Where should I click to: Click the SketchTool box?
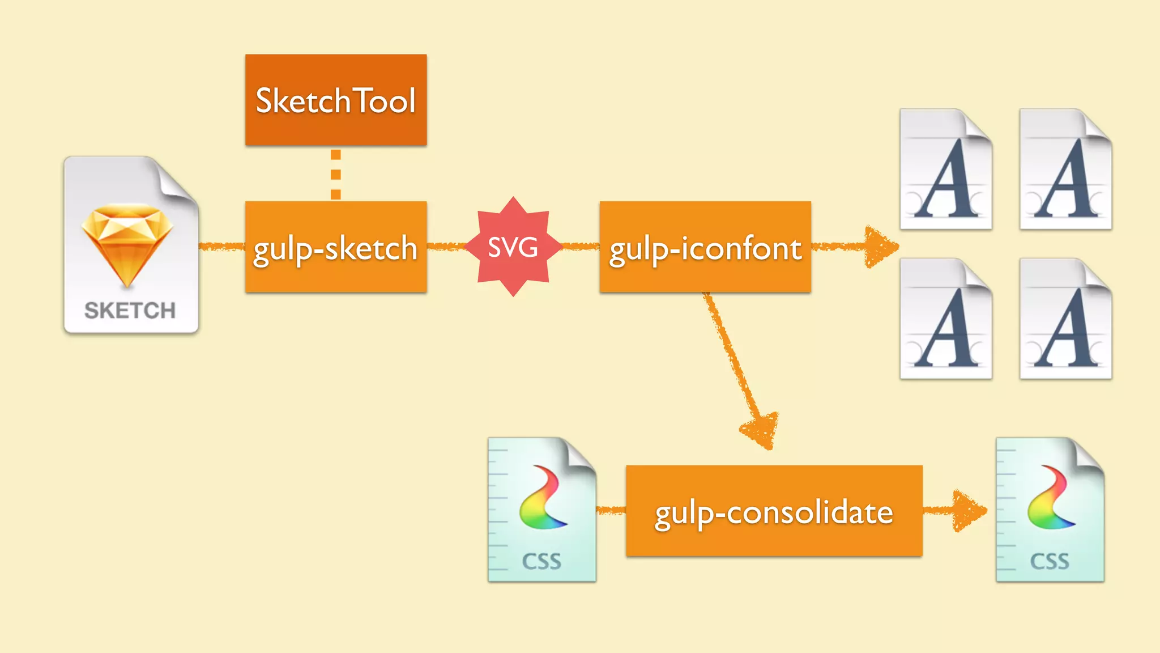[x=336, y=100]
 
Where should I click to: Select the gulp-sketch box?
[x=336, y=247]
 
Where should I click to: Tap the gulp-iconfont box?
[x=705, y=247]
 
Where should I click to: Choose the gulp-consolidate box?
[x=774, y=511]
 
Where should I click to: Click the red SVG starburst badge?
[x=513, y=247]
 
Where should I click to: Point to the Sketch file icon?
[x=131, y=245]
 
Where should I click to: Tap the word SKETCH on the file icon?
[x=130, y=311]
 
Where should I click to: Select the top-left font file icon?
[x=946, y=169]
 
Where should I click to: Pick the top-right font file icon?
[x=1065, y=169]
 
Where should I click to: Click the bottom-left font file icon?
[x=946, y=319]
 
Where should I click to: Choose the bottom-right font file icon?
[x=1065, y=319]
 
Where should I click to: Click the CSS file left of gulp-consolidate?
[x=542, y=510]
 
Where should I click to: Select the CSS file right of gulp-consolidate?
[x=1050, y=510]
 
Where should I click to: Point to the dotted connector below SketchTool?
[x=336, y=174]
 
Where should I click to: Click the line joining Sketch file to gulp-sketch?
[x=221, y=247]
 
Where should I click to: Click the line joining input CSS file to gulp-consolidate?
[x=611, y=511]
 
